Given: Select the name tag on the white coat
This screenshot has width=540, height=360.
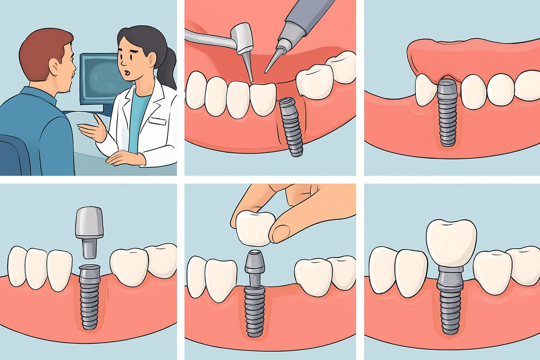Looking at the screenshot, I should point(157,121).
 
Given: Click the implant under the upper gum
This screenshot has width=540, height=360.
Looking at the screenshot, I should point(447,115).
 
